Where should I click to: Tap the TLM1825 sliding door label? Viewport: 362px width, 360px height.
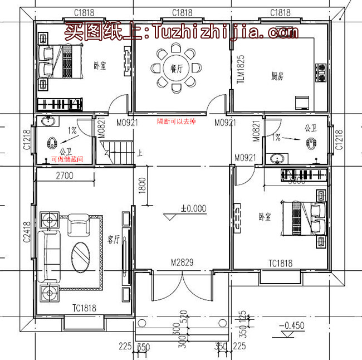tap(241, 69)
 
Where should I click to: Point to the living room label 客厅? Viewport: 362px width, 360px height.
tap(114, 240)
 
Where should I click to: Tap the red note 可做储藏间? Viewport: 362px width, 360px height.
tap(67, 159)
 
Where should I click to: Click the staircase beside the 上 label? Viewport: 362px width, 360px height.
tap(118, 152)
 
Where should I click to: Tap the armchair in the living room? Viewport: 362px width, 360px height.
tap(77, 225)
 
